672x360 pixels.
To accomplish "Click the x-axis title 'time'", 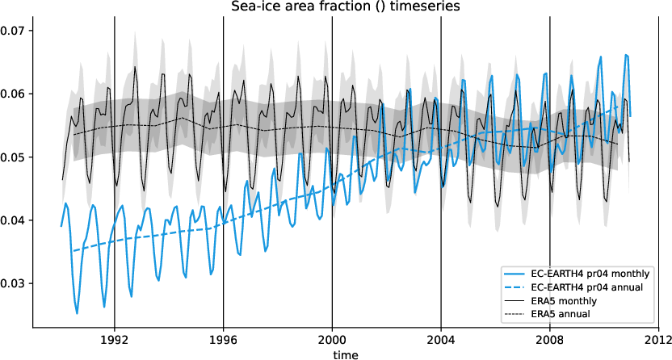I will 345,353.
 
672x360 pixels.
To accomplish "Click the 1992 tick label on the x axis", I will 114,340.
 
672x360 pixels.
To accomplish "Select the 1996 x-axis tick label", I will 223,340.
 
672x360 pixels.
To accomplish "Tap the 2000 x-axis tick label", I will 332,340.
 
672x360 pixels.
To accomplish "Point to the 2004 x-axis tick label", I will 441,340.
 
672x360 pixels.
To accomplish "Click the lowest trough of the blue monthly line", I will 77,313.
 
